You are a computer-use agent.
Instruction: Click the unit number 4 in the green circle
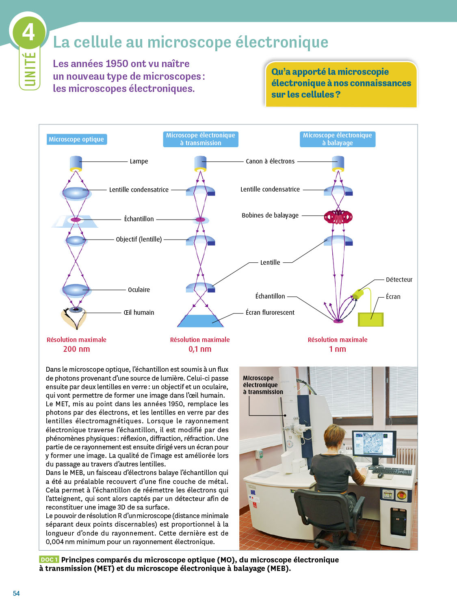pyautogui.click(x=28, y=32)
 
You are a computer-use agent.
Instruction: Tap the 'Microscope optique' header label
pyautogui.click(x=76, y=139)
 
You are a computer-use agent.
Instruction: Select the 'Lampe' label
pyautogui.click(x=139, y=161)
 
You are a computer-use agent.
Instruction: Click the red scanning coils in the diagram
pyautogui.click(x=338, y=217)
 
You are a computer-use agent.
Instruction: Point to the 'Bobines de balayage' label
pyautogui.click(x=270, y=216)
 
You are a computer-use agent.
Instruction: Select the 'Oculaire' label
pyautogui.click(x=139, y=290)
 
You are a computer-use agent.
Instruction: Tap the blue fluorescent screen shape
pyautogui.click(x=201, y=321)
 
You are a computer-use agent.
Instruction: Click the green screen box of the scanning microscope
pyautogui.click(x=370, y=319)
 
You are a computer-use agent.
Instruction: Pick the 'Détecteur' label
pyautogui.click(x=399, y=280)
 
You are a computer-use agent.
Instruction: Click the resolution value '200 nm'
pyautogui.click(x=76, y=349)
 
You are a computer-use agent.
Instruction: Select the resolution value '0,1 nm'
pyautogui.click(x=200, y=349)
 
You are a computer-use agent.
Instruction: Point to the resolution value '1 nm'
pyautogui.click(x=337, y=349)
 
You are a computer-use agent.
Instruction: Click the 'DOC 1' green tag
pyautogui.click(x=49, y=560)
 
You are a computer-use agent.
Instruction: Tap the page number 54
pyautogui.click(x=16, y=593)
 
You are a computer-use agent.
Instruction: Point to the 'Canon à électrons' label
pyautogui.click(x=270, y=161)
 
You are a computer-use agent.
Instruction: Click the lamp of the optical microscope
pyautogui.click(x=76, y=163)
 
